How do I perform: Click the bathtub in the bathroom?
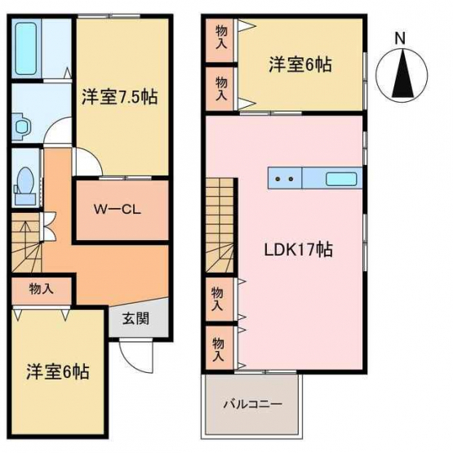click(26, 48)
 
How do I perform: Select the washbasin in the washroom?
click(23, 126)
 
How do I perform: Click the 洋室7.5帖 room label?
click(120, 97)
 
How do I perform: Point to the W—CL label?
click(118, 209)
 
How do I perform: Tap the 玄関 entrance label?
click(135, 318)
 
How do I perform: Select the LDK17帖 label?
click(299, 250)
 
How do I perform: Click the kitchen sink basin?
click(341, 179)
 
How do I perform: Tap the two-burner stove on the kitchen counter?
click(285, 179)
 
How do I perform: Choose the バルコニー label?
click(253, 403)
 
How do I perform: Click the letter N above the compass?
click(400, 38)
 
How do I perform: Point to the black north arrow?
click(402, 73)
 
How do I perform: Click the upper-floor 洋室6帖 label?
click(300, 64)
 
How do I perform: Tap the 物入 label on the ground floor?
click(42, 289)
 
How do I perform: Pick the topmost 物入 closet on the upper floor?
click(221, 41)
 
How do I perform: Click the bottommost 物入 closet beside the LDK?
click(220, 348)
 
